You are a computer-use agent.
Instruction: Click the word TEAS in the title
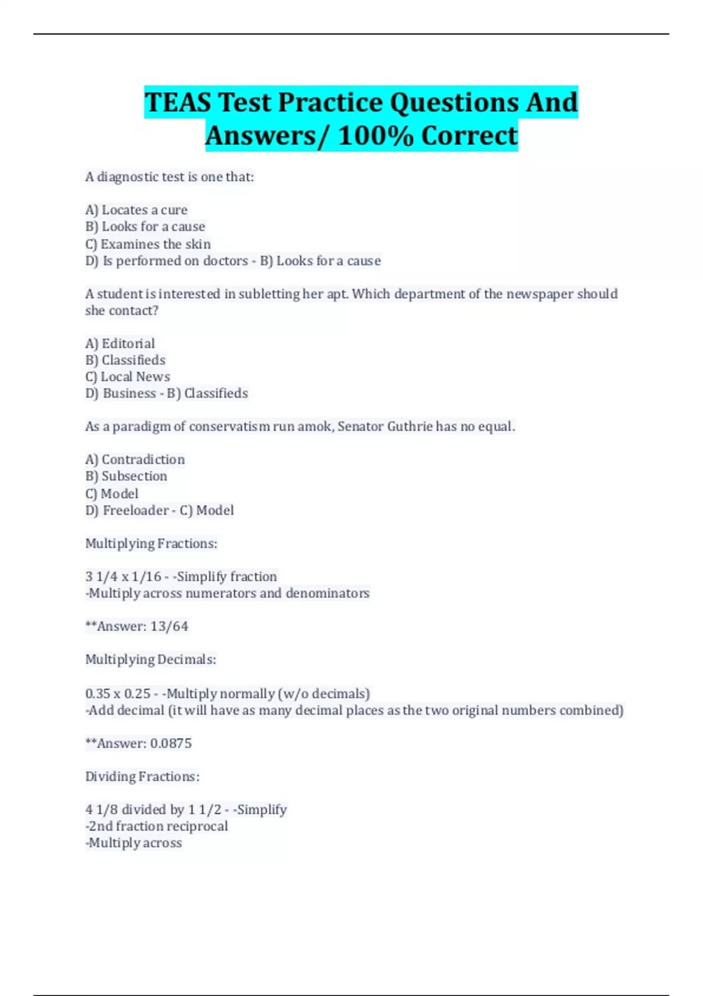tap(178, 103)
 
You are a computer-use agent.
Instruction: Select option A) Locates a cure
tap(136, 210)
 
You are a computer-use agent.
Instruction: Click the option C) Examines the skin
tap(148, 244)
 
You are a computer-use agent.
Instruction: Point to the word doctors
tap(225, 261)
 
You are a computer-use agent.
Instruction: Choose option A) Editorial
tap(120, 343)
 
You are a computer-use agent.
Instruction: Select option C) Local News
tap(128, 377)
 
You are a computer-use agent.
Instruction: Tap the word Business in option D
tap(129, 393)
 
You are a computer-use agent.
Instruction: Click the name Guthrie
tap(409, 427)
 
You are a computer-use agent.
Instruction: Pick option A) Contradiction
tap(135, 459)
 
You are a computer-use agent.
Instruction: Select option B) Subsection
tap(126, 476)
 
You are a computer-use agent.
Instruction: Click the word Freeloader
tap(136, 510)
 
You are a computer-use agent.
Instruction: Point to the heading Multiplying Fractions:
tap(151, 544)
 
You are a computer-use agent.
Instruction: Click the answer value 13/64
tap(169, 626)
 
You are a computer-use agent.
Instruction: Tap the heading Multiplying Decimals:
tap(151, 660)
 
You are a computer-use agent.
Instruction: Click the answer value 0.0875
tap(171, 743)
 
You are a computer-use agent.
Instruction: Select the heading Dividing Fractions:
tap(142, 777)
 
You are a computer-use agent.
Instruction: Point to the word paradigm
tap(141, 427)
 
